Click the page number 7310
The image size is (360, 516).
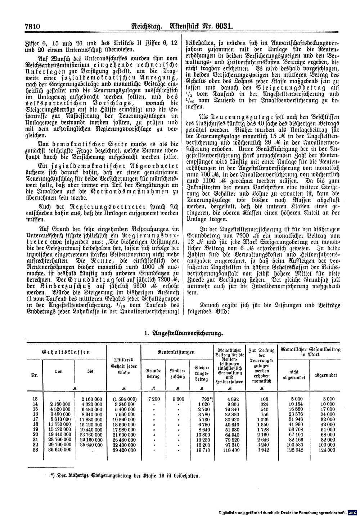[x=32, y=26]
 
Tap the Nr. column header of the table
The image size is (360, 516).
[x=35, y=374]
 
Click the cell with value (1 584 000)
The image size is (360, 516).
[x=124, y=399]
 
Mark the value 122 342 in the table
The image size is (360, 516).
[x=295, y=450]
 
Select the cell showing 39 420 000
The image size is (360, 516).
[x=124, y=450]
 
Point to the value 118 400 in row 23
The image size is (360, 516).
[x=231, y=450]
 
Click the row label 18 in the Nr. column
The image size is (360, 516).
[x=35, y=424]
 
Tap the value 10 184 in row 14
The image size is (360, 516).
[x=295, y=404]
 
